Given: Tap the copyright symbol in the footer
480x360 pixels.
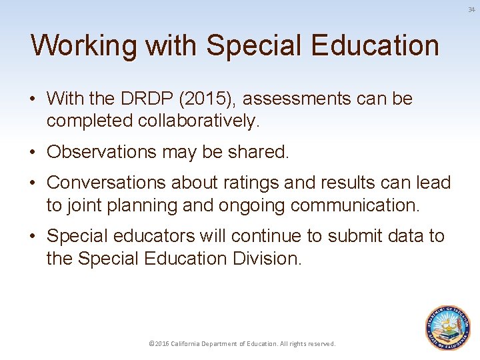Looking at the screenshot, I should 151,344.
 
